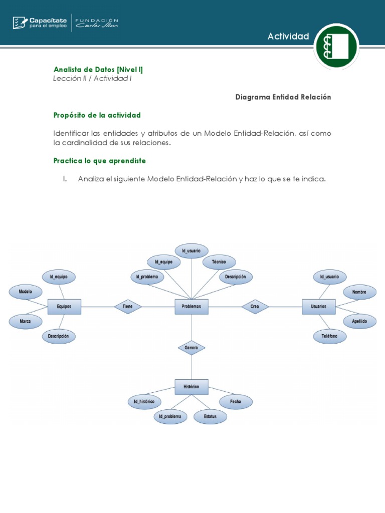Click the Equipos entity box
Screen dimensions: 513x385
tap(64, 306)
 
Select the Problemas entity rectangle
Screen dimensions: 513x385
tap(191, 306)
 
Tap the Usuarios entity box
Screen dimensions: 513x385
tap(318, 306)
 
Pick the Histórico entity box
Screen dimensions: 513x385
tap(191, 387)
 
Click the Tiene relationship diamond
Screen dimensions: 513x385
tap(128, 306)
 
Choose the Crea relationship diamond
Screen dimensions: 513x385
tap(255, 306)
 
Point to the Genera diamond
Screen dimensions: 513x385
tap(191, 347)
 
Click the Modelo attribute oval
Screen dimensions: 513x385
tap(26, 292)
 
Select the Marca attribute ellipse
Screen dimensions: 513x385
tap(26, 322)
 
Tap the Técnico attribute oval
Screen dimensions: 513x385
tap(219, 262)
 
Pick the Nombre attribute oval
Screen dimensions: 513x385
tap(359, 292)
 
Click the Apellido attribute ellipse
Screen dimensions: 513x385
tap(359, 322)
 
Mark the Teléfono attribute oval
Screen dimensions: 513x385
tap(329, 337)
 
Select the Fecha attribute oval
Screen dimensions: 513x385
tap(236, 401)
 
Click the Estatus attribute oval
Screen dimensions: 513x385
tap(210, 416)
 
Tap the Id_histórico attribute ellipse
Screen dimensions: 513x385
tap(144, 401)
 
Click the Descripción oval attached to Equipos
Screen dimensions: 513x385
tap(59, 337)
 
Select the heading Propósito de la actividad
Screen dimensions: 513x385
tap(97, 115)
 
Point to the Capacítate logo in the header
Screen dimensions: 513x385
tap(40, 23)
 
